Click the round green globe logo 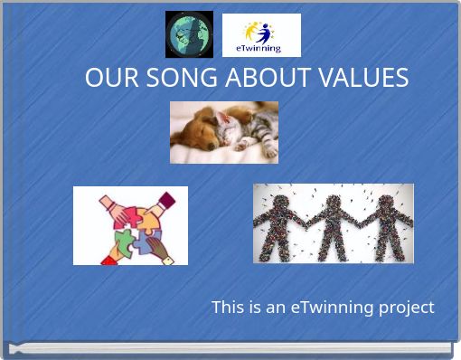189,34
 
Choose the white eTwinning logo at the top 261,34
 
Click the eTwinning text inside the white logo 258,48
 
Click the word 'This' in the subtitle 226,308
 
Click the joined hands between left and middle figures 306,221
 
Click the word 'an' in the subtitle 275,308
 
